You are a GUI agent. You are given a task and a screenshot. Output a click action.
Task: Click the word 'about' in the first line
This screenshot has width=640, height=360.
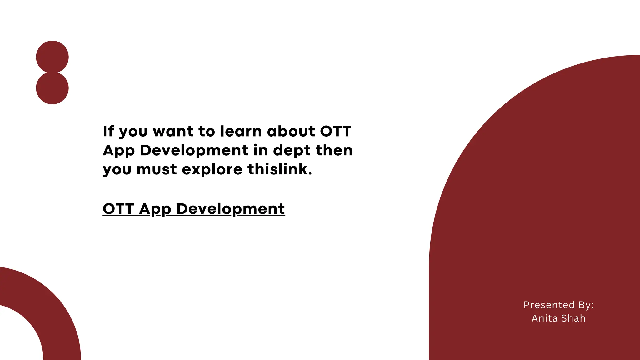[x=291, y=131]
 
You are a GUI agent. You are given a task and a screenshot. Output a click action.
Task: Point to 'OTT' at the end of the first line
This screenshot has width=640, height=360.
[x=336, y=131]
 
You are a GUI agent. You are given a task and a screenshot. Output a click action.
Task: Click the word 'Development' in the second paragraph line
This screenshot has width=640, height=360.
[x=194, y=150]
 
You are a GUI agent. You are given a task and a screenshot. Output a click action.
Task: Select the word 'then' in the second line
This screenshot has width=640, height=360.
[x=334, y=150]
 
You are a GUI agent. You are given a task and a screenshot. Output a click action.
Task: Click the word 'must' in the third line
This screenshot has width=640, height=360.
[x=157, y=169]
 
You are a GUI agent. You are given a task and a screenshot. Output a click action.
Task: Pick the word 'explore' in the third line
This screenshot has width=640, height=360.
[x=212, y=170]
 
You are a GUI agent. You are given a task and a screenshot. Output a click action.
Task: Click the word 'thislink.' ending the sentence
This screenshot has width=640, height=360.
[x=280, y=169]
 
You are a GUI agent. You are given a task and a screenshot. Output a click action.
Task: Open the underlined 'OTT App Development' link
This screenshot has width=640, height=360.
[x=194, y=209]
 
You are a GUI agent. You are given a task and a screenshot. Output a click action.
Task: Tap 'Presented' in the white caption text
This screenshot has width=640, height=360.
[x=549, y=305]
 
